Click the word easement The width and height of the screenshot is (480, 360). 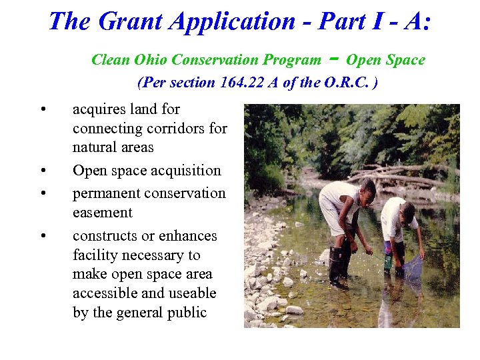tap(103, 213)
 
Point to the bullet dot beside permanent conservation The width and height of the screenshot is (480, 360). tap(42, 194)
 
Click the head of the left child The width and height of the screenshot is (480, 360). tap(366, 189)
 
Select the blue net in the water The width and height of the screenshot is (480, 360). tap(413, 267)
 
